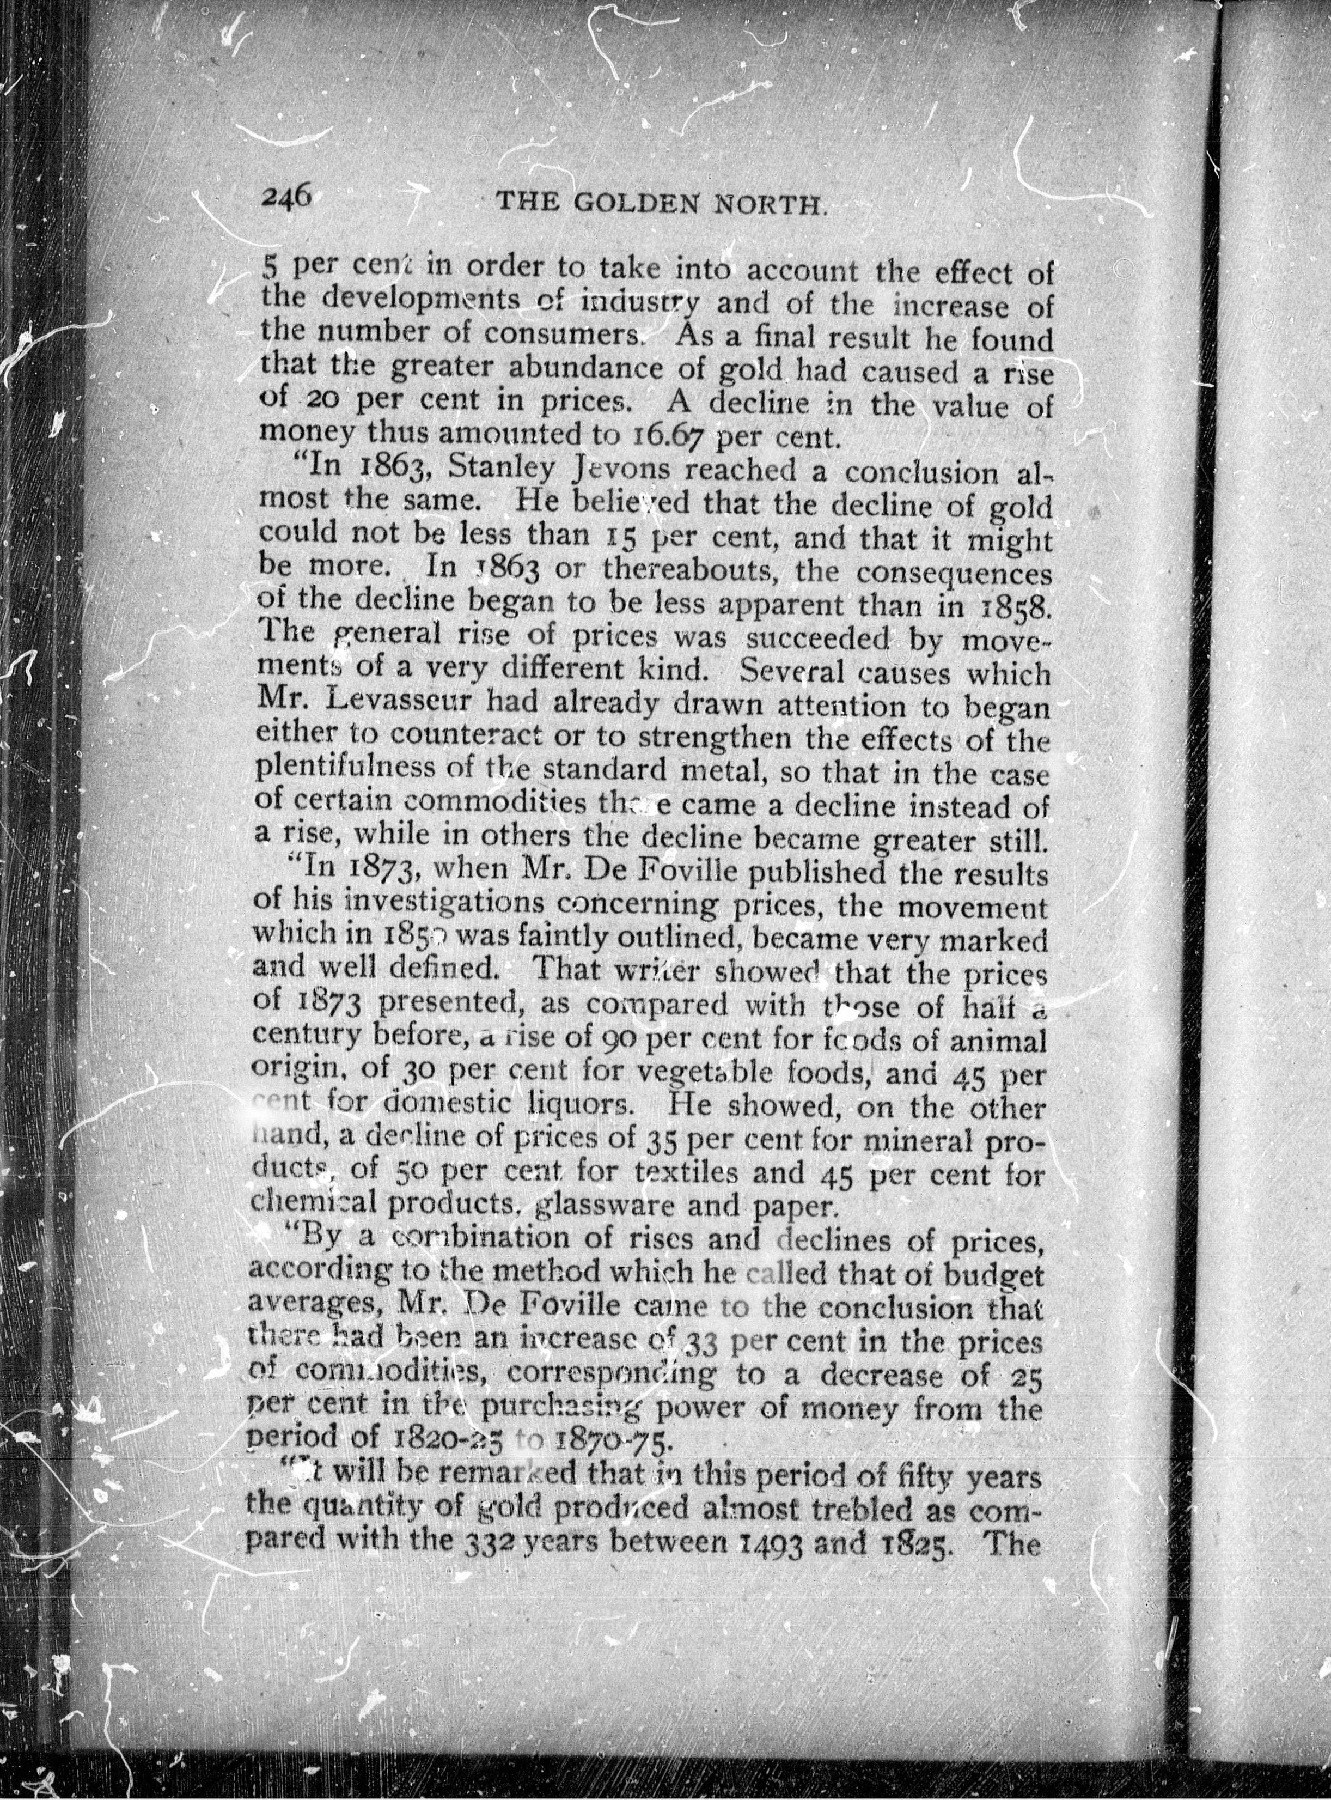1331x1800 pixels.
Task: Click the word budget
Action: click(1000, 1275)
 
